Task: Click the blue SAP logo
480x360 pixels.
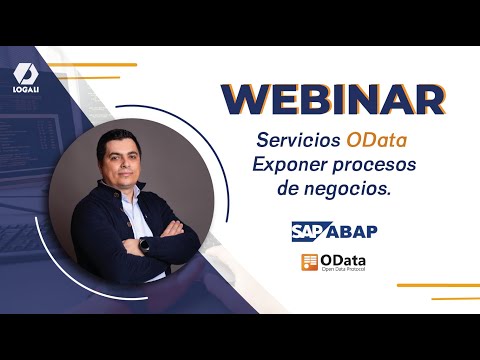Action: [314, 231]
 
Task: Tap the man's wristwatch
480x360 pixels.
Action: [144, 243]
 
